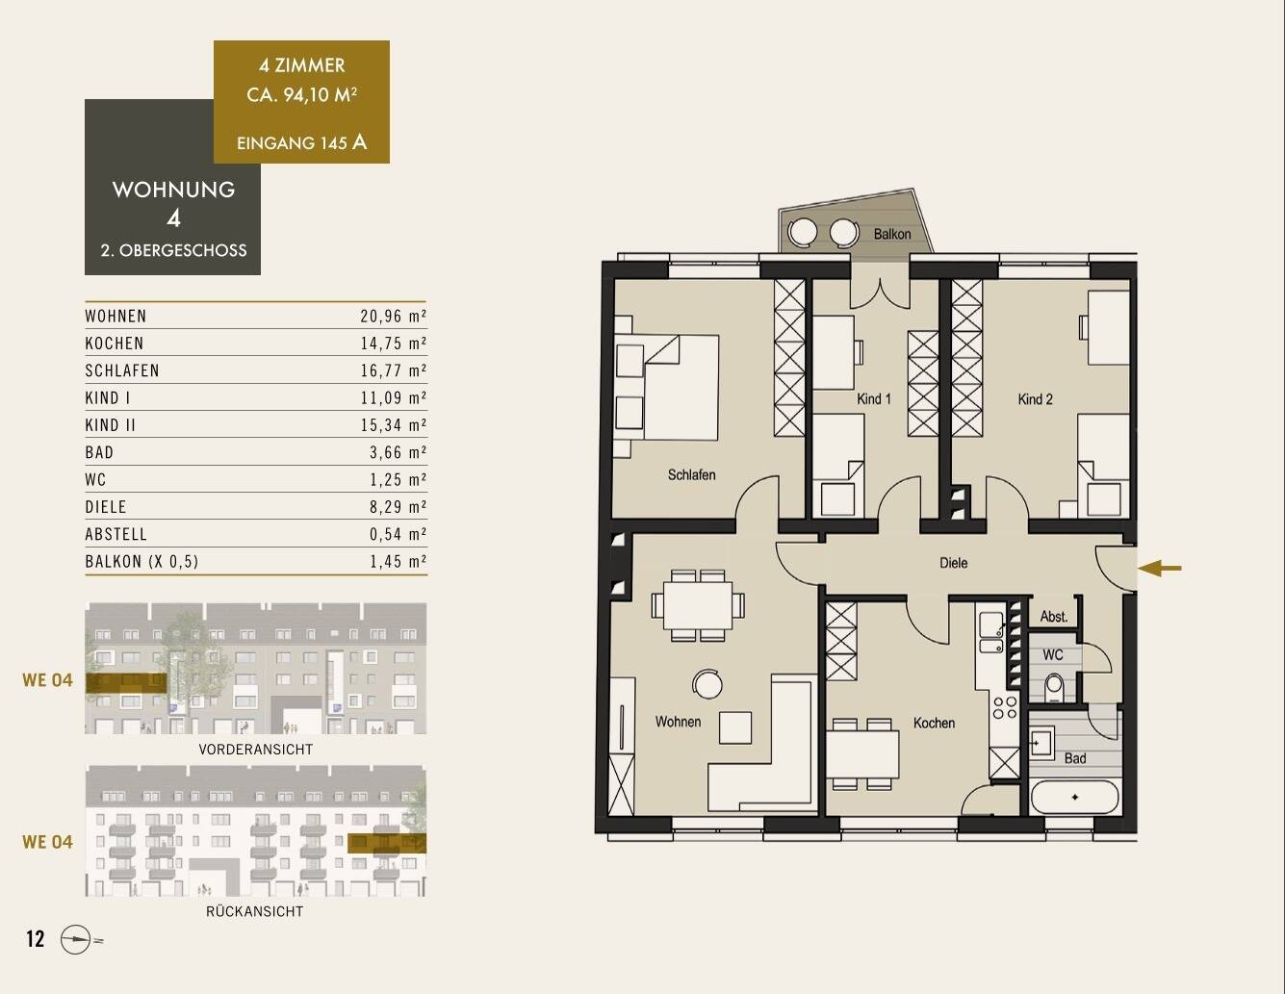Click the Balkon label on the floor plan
[x=891, y=234]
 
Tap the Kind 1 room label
[x=873, y=399]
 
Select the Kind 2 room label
[x=1035, y=399]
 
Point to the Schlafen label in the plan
[x=691, y=474]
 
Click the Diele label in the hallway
[x=953, y=563]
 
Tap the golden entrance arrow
[x=1160, y=568]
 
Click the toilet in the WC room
[x=1054, y=687]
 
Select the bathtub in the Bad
[x=1074, y=797]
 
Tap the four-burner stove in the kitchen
[x=1005, y=707]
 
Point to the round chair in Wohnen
[x=707, y=684]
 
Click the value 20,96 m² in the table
[x=394, y=317]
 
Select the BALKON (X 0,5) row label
[x=141, y=561]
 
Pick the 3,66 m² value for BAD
[x=398, y=452]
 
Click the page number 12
[x=36, y=938]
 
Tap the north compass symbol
[x=76, y=939]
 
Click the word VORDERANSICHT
[x=255, y=750]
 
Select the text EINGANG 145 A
[x=301, y=142]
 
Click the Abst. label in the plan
[x=1054, y=617]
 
